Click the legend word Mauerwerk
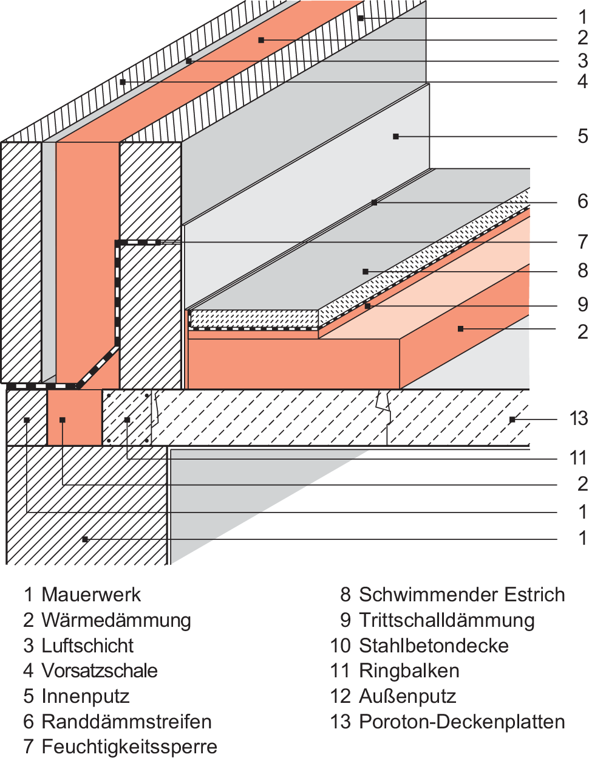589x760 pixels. click(91, 595)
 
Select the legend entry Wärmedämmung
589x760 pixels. click(116, 620)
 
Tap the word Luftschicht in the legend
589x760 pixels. click(87, 646)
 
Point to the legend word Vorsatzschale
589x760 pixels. click(100, 671)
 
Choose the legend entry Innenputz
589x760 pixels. click(86, 696)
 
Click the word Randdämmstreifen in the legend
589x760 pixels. click(126, 722)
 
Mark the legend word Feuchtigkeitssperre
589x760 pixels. click(129, 747)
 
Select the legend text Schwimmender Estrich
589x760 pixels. click(462, 595)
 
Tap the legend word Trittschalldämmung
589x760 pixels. click(447, 620)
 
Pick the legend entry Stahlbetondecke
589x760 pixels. click(434, 646)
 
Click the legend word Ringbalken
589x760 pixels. click(409, 671)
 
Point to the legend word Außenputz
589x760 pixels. click(407, 696)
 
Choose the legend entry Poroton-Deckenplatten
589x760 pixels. click(462, 722)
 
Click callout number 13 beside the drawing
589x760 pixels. click(579, 418)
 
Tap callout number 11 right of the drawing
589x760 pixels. click(579, 458)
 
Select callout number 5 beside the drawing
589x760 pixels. click(582, 136)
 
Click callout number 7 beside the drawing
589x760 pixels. click(582, 242)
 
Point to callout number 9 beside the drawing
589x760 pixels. click(582, 305)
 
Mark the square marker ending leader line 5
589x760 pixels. click(396, 136)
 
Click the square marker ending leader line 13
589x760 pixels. click(512, 420)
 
